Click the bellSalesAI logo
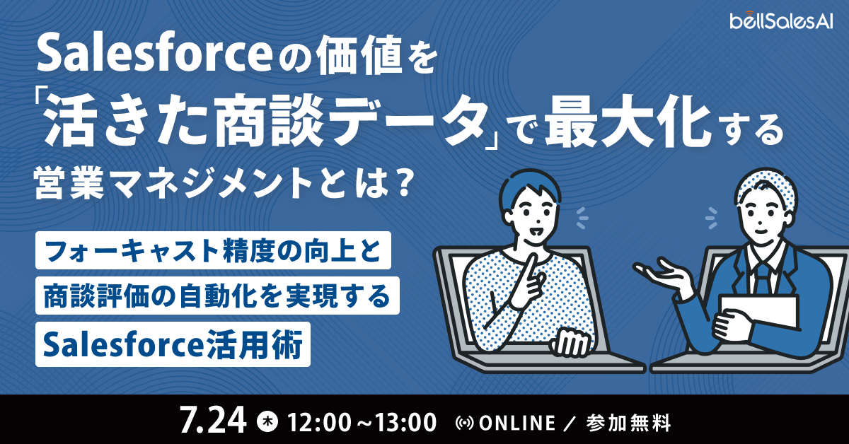[782, 21]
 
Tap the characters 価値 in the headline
[359, 56]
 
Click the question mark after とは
[400, 184]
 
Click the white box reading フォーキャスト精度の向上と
[213, 250]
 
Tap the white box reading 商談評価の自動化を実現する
[218, 296]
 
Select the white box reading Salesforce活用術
[173, 344]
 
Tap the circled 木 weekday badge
[267, 421]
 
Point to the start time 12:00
[319, 422]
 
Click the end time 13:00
[405, 422]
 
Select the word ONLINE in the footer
[517, 423]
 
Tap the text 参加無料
[629, 423]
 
